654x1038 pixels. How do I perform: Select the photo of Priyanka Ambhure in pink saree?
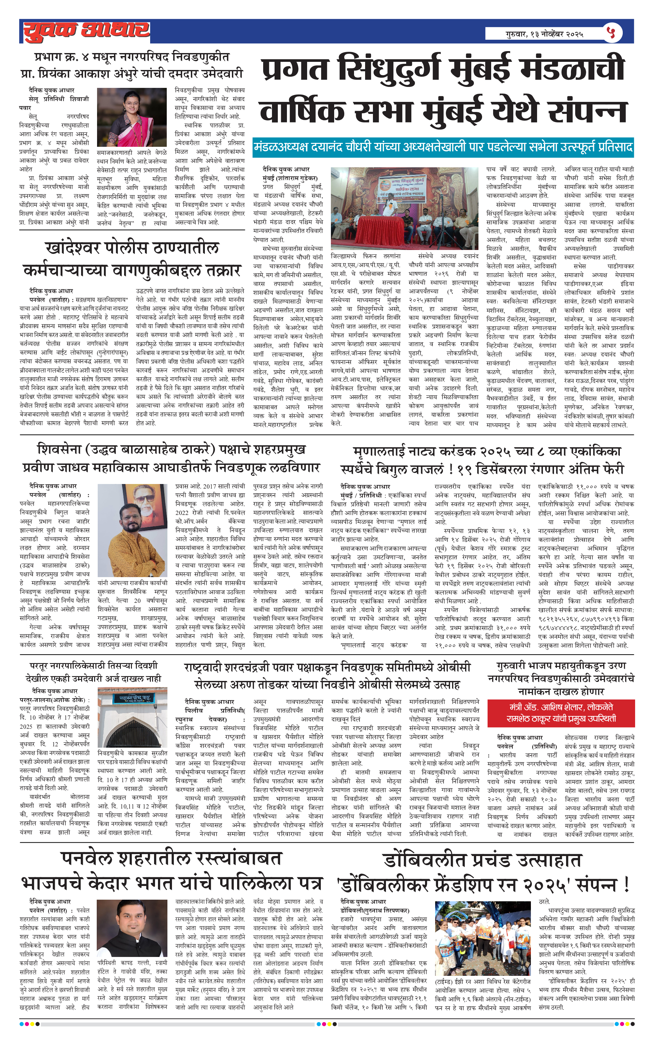[x=132, y=117]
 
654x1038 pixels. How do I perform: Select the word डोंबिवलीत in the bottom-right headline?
[x=418, y=861]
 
